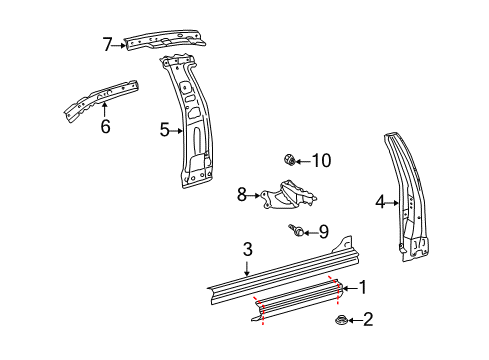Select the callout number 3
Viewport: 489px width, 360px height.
tap(248, 250)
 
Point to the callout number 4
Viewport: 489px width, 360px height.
tap(380, 203)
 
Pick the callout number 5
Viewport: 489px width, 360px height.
tap(165, 128)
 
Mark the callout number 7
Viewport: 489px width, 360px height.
tap(108, 43)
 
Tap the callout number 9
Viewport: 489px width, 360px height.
tap(323, 232)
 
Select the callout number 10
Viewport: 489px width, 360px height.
tap(320, 160)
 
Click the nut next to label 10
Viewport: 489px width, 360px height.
tap(288, 159)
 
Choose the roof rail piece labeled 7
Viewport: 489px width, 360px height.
tap(165, 40)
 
